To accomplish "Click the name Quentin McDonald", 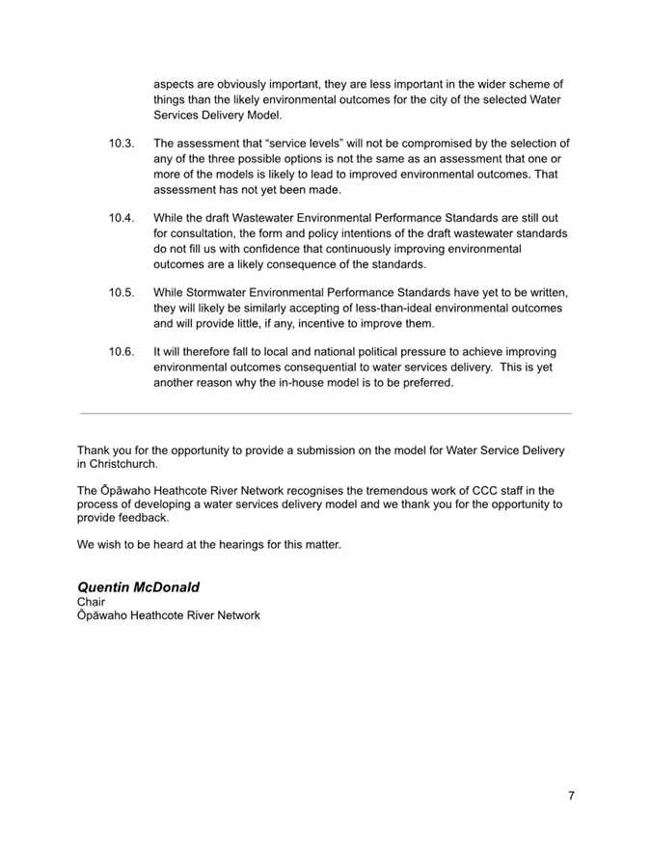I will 138,586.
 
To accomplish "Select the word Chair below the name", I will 91,602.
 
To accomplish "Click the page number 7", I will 571,796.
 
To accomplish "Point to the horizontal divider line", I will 325,414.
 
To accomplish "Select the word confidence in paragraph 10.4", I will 257,249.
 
